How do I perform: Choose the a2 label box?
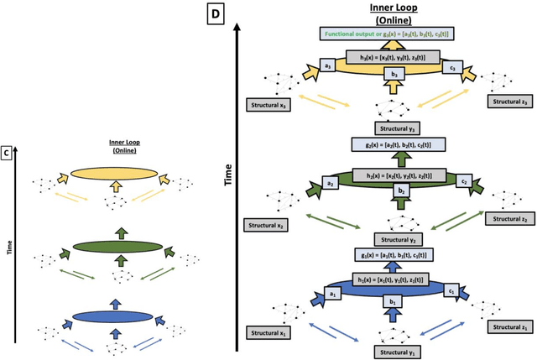point(331,182)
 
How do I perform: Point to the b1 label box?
point(391,300)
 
